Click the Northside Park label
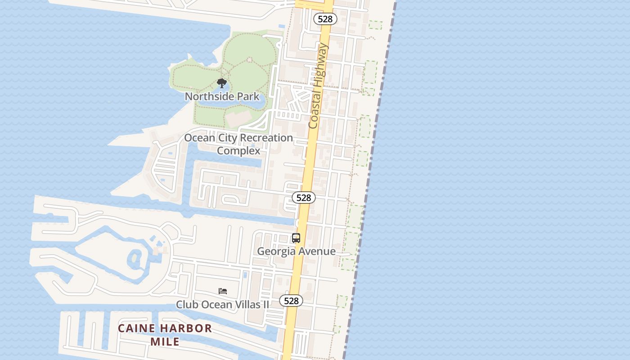coord(222,96)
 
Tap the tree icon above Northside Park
coord(221,83)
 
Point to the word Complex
coord(238,150)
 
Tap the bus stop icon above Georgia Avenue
coord(296,238)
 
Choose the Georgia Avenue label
coord(296,251)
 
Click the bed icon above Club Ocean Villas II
coord(223,291)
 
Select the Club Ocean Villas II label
coord(222,305)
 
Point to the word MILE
coord(165,342)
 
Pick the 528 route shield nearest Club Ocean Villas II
coord(291,301)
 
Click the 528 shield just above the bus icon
coord(304,198)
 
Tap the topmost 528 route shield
coord(325,18)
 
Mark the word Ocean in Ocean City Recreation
coord(199,138)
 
